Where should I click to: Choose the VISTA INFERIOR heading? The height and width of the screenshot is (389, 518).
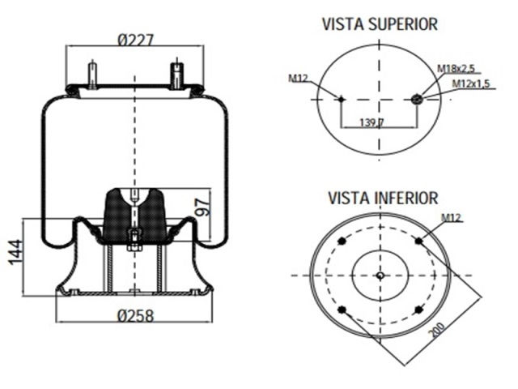383,198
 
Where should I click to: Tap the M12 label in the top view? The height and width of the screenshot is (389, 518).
298,79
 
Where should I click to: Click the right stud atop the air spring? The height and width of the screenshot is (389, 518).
176,74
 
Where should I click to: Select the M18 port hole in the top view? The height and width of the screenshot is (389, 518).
417,100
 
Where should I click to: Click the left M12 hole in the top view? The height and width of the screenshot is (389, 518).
341,100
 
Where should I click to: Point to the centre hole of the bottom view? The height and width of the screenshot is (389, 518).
380,276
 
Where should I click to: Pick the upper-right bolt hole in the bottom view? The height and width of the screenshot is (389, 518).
418,241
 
